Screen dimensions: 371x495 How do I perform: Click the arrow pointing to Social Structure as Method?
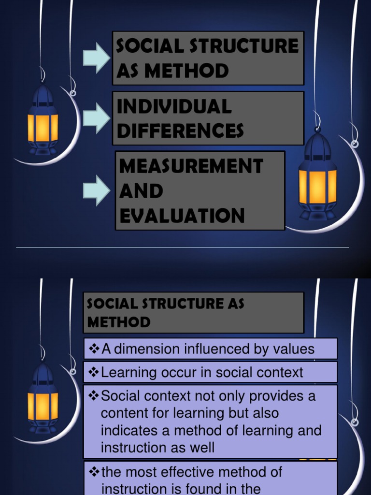[x=97, y=58]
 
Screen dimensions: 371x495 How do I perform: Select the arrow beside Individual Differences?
[x=97, y=118]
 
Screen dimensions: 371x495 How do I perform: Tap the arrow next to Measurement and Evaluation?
[x=97, y=190]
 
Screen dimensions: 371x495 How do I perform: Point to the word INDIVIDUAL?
[x=174, y=106]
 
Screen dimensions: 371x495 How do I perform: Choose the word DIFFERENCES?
[x=180, y=131]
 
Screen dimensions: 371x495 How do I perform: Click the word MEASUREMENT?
[x=191, y=166]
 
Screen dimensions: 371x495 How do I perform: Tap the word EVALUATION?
[x=182, y=215]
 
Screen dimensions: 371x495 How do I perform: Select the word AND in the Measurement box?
[x=141, y=190]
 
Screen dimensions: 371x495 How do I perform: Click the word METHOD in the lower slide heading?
[x=119, y=322]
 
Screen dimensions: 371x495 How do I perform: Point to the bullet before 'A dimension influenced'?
[x=94, y=349]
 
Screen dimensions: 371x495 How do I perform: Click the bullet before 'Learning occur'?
[x=94, y=373]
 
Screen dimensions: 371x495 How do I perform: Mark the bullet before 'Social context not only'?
[x=94, y=395]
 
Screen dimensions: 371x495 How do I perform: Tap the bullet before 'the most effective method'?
[x=94, y=472]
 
